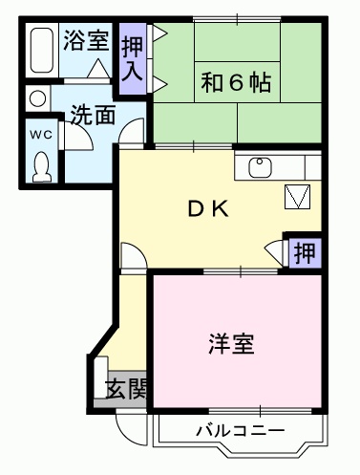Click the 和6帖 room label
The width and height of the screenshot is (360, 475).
[234, 83]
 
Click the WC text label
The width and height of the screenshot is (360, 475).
[40, 136]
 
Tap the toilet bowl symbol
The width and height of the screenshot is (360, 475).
[41, 166]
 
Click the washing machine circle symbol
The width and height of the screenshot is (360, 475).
[37, 97]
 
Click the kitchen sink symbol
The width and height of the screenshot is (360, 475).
[260, 168]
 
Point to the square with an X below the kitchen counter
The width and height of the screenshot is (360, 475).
[298, 197]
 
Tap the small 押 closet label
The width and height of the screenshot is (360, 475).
[303, 253]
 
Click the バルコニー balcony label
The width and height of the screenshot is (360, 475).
[240, 430]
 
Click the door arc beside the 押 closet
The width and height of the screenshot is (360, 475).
[276, 253]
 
